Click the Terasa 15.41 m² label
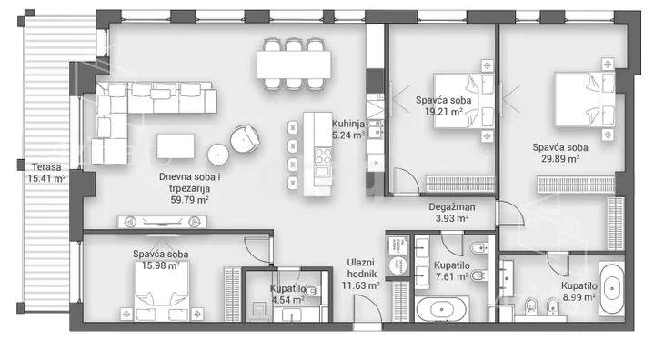click(x=46, y=173)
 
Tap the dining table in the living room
click(x=294, y=65)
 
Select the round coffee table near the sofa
click(x=218, y=155)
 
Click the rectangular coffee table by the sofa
click(x=176, y=146)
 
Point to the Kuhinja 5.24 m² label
click(x=348, y=130)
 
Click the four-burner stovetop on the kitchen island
click(x=323, y=155)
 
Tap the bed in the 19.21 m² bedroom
click(x=464, y=101)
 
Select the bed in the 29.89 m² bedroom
click(x=585, y=99)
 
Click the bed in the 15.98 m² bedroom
click(x=161, y=291)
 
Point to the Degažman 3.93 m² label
click(x=452, y=213)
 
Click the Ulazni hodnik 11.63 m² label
click(x=361, y=275)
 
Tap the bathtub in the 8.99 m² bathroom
click(x=611, y=289)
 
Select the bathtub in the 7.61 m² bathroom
click(x=442, y=310)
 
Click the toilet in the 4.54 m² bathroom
click(x=312, y=291)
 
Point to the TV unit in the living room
click(x=162, y=222)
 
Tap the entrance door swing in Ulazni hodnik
click(x=367, y=308)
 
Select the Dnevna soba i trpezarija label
click(x=189, y=188)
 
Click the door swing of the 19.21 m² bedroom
click(x=406, y=181)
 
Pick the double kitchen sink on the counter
click(x=375, y=129)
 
